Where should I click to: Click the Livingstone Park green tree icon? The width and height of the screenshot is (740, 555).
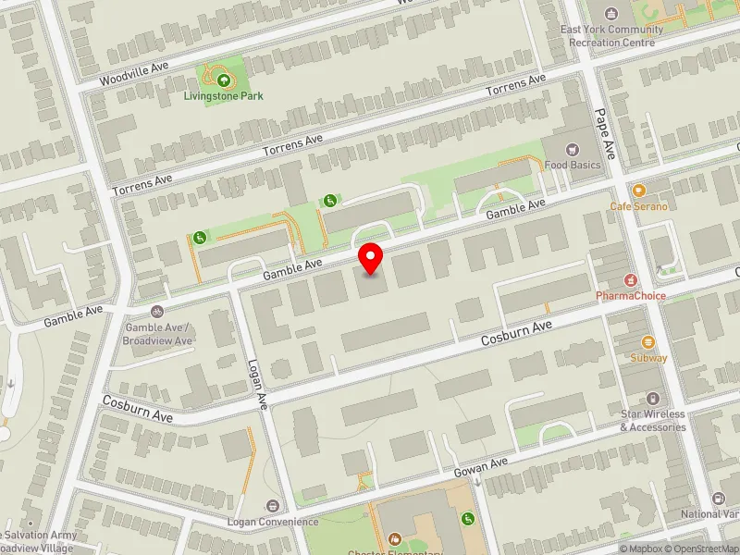(223, 80)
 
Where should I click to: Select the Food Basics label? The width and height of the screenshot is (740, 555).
(573, 166)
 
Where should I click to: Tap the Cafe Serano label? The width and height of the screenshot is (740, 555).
(638, 206)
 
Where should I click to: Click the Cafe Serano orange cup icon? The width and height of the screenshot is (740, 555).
(638, 190)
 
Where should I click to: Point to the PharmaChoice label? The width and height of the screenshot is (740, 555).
(631, 296)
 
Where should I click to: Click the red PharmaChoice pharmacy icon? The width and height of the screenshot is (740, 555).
(631, 279)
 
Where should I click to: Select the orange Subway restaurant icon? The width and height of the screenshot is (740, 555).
(647, 341)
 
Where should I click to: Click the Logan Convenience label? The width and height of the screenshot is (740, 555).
(273, 522)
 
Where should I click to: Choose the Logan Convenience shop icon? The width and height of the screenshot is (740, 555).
(273, 506)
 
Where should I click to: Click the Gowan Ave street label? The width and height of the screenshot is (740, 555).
(481, 467)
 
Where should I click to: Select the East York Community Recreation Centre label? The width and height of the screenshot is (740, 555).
(611, 35)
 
